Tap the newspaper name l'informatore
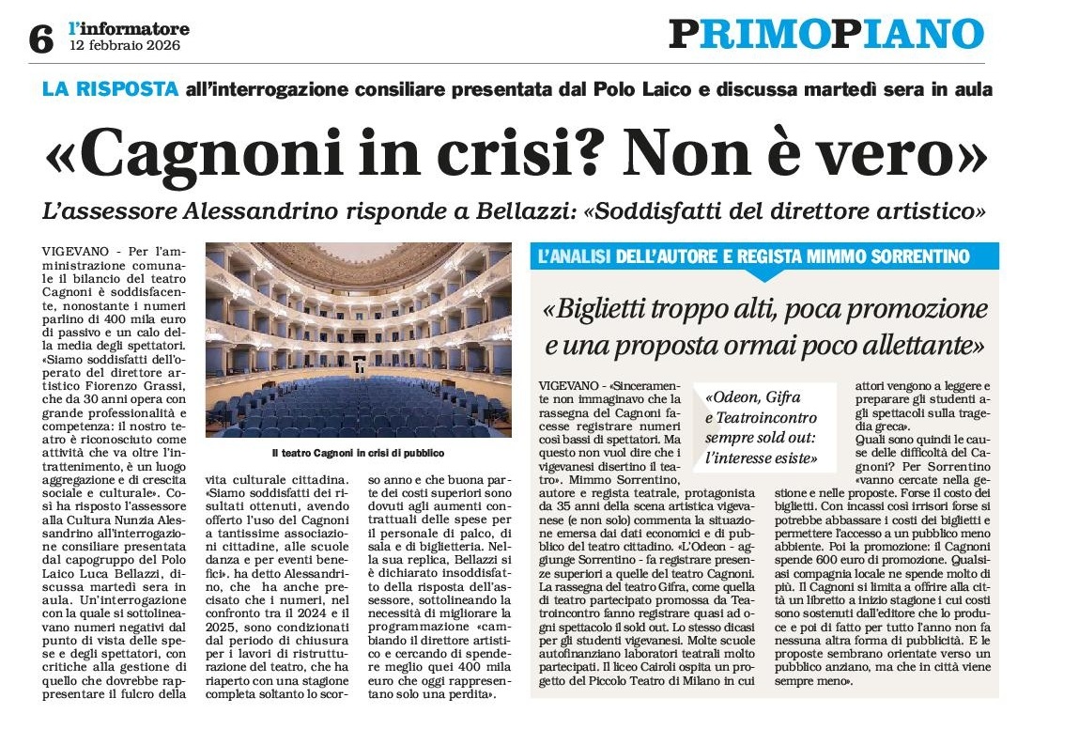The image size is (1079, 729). point(129,29)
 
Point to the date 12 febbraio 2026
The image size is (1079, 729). point(124,45)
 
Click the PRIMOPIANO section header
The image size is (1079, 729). point(826,35)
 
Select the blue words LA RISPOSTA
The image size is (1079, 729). point(111,90)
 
